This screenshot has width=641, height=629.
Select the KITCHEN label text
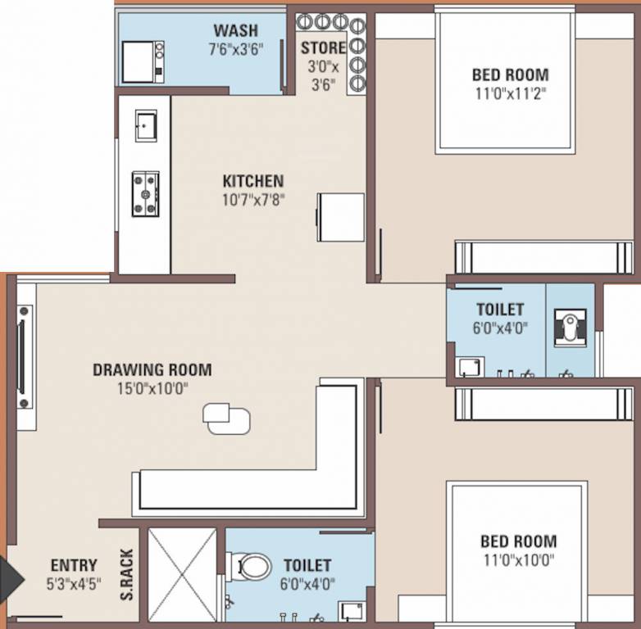pos(253,181)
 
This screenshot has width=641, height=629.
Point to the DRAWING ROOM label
pos(152,369)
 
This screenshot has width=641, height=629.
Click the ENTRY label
pos(74,565)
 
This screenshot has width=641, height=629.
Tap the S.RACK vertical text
pos(128,573)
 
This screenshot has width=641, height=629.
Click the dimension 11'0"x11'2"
pos(509,93)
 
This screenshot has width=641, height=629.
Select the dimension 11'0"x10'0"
pos(517,559)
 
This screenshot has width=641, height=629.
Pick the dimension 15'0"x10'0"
pos(152,388)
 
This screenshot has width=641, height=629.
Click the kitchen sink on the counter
pos(146,125)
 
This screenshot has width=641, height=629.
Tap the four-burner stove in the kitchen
pos(145,194)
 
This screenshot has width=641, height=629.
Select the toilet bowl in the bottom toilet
pos(252,566)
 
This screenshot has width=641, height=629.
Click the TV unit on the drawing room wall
pos(25,357)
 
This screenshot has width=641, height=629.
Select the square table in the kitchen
pos(341,217)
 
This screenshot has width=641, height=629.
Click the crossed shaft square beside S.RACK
pos(182,572)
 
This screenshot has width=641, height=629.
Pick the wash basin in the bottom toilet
pos(352,610)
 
